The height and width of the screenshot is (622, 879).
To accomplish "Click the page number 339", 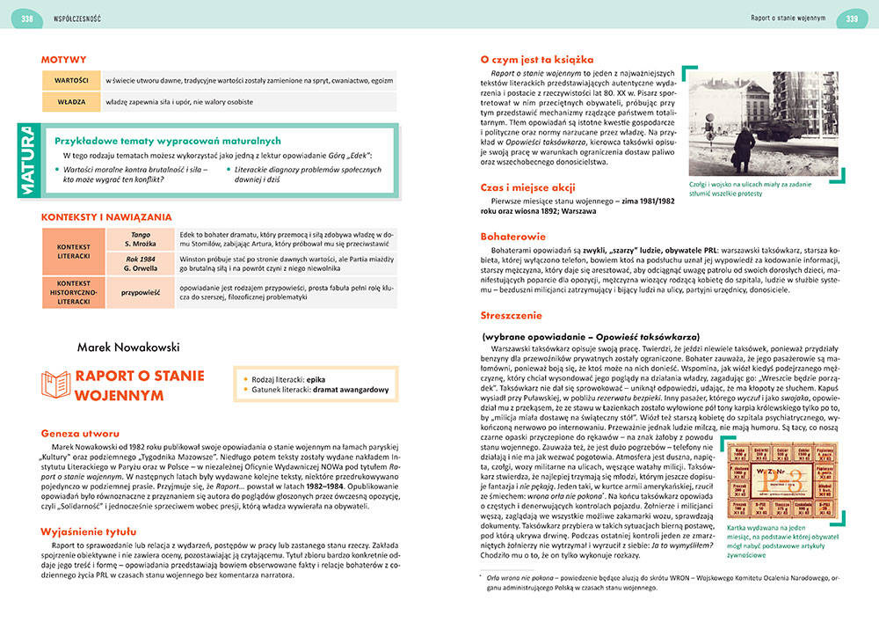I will coord(851,18).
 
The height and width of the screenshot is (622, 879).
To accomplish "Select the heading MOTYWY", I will coord(63,60).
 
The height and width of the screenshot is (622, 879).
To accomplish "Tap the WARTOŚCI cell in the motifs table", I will coord(69,80).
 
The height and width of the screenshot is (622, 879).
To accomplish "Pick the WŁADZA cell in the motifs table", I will coord(69,102).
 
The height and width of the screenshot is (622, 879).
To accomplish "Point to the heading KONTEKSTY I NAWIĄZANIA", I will coord(106,216).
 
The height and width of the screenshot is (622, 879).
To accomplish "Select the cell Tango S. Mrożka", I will coord(140,239).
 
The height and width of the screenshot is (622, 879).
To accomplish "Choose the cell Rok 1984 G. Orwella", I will coord(140,262).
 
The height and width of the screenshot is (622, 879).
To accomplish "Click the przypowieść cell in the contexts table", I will coord(140,290).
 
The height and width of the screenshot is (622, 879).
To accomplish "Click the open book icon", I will coord(57,384).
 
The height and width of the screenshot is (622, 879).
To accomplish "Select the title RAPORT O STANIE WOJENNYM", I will coord(141,385).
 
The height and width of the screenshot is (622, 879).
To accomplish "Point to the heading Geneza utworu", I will coord(81,434).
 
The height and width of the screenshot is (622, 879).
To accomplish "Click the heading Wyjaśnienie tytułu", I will coord(89,531).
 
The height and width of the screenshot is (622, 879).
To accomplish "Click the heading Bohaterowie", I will coord(513,236).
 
